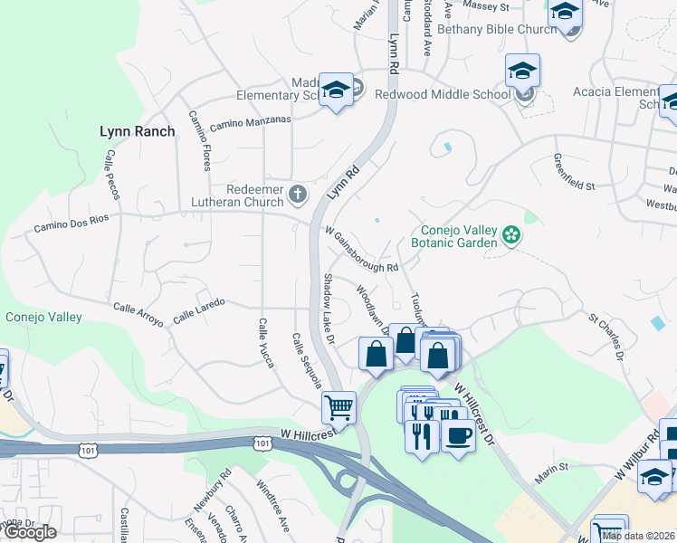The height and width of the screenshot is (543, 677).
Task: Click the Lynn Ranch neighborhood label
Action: point(137,131)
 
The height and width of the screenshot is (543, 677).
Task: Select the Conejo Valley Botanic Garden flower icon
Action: point(511,235)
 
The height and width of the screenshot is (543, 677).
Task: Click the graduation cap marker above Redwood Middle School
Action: point(523,71)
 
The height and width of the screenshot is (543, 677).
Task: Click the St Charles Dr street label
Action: point(606,335)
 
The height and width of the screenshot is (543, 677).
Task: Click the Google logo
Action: point(30,532)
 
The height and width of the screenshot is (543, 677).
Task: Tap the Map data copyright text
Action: point(637,536)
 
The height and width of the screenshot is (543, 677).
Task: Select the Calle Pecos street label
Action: point(113,173)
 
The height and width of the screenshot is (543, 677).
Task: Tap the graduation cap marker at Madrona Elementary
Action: point(337,89)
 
